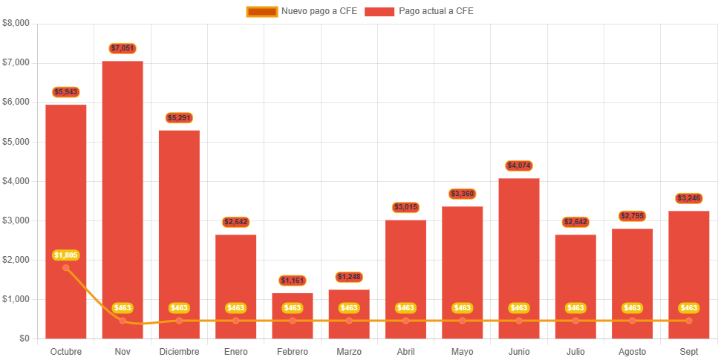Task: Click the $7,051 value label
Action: coord(123,48)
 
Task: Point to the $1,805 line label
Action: coord(66,255)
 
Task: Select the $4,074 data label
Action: coord(519,165)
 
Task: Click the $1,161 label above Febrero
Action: coord(293,281)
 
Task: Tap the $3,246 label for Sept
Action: coord(689,198)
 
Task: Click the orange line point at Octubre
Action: coord(66,268)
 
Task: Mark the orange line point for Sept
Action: coord(689,321)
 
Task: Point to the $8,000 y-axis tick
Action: coord(16,22)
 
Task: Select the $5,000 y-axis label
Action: coord(16,141)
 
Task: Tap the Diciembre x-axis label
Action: coord(179,351)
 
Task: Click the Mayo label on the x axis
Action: coord(462,351)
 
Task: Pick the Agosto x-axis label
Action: coord(632,351)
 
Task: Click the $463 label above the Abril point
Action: coord(405,307)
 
